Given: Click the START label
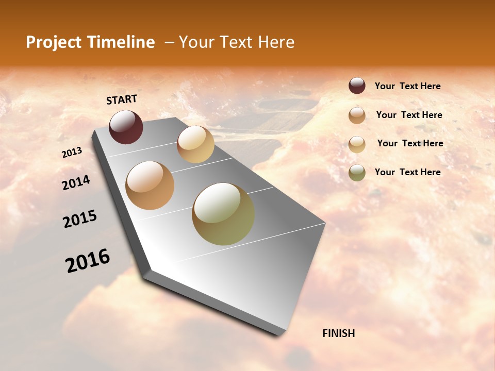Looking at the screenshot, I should click(122, 99).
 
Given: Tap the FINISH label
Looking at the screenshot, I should click(338, 333).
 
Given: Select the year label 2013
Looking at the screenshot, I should click(72, 153).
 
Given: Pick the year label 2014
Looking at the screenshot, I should click(76, 183).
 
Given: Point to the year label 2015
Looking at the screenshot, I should click(80, 219).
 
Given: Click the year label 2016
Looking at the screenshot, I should click(88, 260).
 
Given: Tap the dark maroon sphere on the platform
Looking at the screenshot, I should click(126, 127).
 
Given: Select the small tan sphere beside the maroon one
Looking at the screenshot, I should click(195, 144).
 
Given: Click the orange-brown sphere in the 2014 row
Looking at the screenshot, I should click(150, 185).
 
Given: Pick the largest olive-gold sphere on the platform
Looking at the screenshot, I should click(223, 214).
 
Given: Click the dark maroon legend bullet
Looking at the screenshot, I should click(357, 86).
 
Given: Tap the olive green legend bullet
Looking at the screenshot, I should click(357, 172).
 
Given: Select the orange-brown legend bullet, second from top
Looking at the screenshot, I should click(357, 115).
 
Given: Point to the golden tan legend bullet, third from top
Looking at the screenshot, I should click(357, 144).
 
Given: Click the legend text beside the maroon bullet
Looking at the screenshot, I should click(407, 86).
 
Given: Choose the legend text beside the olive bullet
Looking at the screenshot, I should click(407, 172).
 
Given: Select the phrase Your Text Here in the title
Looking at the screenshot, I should click(236, 42).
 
